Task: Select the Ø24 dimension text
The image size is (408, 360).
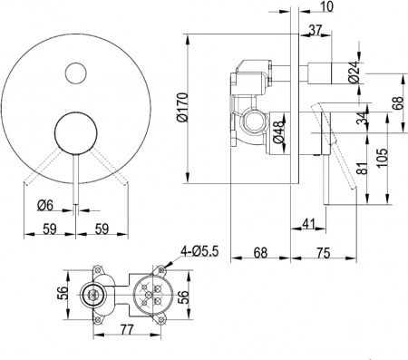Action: pyautogui.click(x=353, y=72)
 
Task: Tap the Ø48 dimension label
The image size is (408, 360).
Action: pyautogui.click(x=280, y=123)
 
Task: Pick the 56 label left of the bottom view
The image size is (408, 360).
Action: pyautogui.click(x=60, y=292)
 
